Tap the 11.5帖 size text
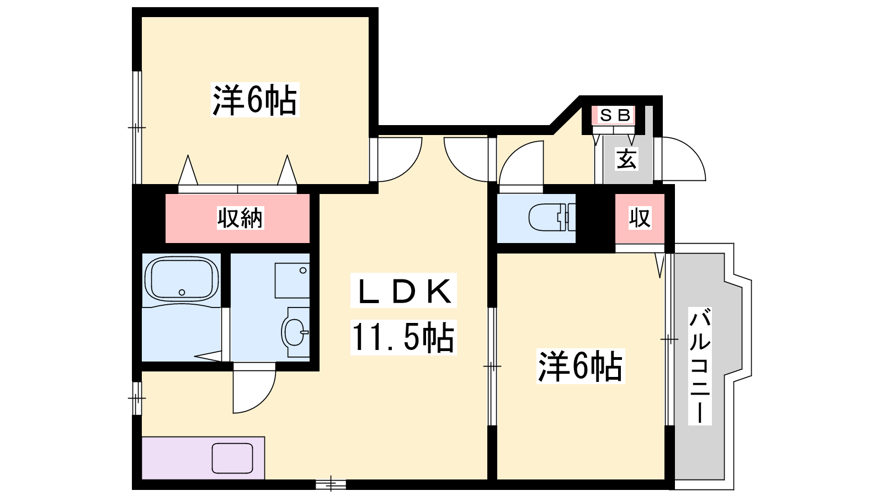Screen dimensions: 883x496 (x=403, y=337)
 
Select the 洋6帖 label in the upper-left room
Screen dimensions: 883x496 (x=254, y=100)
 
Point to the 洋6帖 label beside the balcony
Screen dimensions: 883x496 (x=580, y=366)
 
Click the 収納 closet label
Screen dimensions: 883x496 (x=240, y=218)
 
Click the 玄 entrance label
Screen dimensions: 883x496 (x=627, y=159)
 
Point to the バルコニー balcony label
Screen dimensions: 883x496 (x=700, y=366)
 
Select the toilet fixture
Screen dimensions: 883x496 (x=552, y=217)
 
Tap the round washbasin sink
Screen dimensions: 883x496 (x=294, y=332)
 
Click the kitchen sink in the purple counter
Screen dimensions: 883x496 (x=232, y=458)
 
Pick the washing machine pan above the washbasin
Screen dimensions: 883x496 (x=292, y=281)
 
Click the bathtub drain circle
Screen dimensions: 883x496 (x=182, y=292)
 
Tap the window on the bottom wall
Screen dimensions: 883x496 (x=331, y=484)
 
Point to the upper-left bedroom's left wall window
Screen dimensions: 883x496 (x=137, y=127)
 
